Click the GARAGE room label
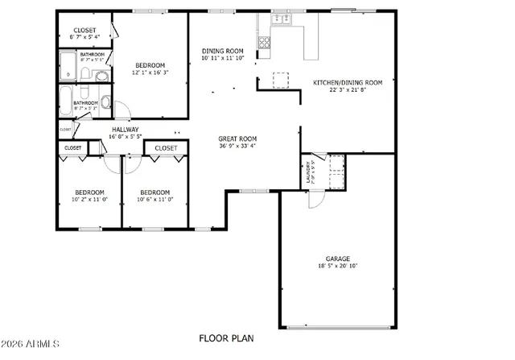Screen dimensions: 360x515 pyautogui.click(x=337, y=259)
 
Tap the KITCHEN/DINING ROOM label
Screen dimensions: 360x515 pyautogui.click(x=347, y=82)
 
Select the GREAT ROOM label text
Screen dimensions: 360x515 pyautogui.click(x=237, y=139)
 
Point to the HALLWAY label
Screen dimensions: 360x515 pyautogui.click(x=125, y=129)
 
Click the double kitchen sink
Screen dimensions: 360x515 pyautogui.click(x=282, y=20)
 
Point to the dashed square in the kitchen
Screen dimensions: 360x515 pyautogui.click(x=280, y=80)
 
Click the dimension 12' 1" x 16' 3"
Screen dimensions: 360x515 pyautogui.click(x=150, y=72)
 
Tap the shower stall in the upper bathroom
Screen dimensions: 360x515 pyautogui.click(x=66, y=67)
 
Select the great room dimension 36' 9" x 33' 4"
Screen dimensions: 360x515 pyautogui.click(x=237, y=146)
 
